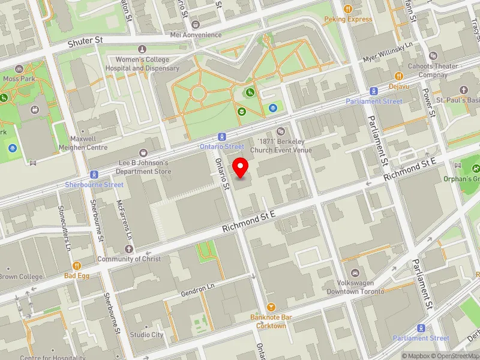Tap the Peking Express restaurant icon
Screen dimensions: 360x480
click(x=349, y=9)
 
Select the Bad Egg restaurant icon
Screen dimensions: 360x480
click(x=77, y=266)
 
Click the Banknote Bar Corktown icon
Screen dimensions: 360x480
click(x=271, y=307)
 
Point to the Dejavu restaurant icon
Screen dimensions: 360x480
click(x=398, y=76)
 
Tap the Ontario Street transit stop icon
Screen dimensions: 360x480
click(x=221, y=137)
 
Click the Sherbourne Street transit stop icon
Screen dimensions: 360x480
click(x=94, y=175)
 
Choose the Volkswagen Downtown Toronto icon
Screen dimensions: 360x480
click(x=355, y=273)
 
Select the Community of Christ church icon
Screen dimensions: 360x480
click(x=128, y=249)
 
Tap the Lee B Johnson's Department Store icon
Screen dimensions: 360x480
click(x=143, y=153)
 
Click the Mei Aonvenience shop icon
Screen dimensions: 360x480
click(x=196, y=25)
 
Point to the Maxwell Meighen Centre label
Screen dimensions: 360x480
click(x=83, y=143)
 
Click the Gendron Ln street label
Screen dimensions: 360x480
click(x=197, y=291)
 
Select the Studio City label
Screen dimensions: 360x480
click(x=146, y=335)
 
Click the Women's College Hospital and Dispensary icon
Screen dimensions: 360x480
click(x=142, y=49)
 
